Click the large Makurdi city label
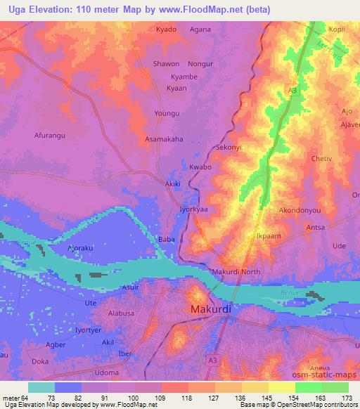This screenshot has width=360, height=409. tap(212, 309)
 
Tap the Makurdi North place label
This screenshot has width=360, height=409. tap(236, 272)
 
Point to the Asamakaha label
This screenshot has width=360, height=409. tap(164, 139)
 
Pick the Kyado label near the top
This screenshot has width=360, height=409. tap(166, 30)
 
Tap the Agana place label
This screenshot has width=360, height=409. tap(200, 30)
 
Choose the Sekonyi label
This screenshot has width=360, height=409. tap(229, 148)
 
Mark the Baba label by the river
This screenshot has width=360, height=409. tap(167, 240)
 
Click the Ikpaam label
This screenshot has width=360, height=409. tap(269, 236)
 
